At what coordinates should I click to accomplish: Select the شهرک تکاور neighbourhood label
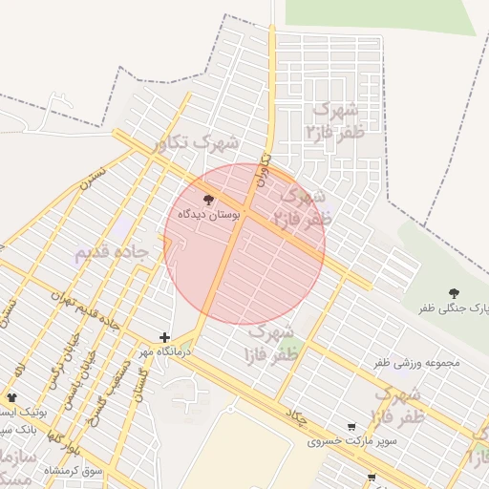tap(200, 141)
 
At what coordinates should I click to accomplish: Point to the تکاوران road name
tap(264, 169)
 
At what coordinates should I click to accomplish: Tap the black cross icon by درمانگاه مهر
tap(165, 337)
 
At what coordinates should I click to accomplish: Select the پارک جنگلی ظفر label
tap(455, 308)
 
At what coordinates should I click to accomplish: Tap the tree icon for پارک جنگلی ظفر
tap(452, 291)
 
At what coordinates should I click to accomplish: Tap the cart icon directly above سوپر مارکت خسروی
tap(352, 426)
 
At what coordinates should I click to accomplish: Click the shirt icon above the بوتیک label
tap(11, 397)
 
